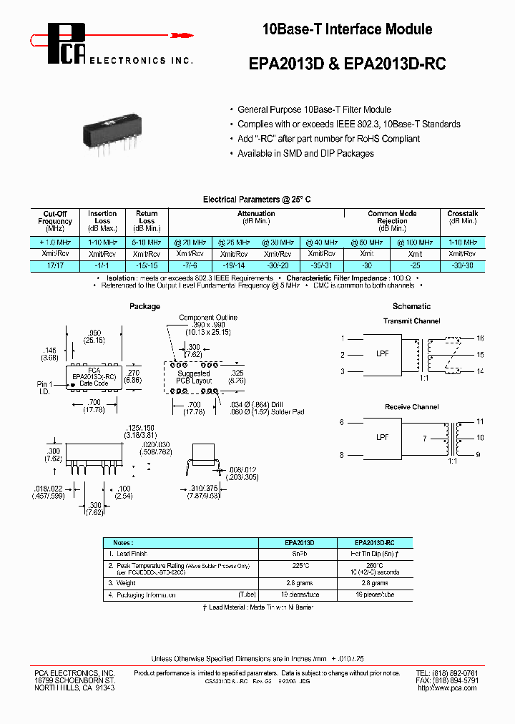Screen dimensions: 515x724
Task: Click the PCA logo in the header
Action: [67, 44]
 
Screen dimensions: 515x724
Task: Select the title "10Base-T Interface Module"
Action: [347, 30]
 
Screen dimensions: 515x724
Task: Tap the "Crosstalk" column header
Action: [462, 214]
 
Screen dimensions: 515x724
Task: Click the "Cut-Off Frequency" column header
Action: [55, 220]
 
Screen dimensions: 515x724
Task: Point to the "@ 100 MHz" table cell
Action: [416, 243]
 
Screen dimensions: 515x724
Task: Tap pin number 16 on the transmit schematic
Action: [480, 338]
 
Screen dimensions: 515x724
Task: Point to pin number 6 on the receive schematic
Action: [342, 422]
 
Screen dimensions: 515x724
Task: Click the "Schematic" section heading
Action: [411, 306]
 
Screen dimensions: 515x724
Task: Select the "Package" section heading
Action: [144, 306]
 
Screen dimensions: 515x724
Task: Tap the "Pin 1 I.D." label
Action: [45, 388]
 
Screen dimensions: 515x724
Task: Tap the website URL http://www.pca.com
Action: [447, 688]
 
